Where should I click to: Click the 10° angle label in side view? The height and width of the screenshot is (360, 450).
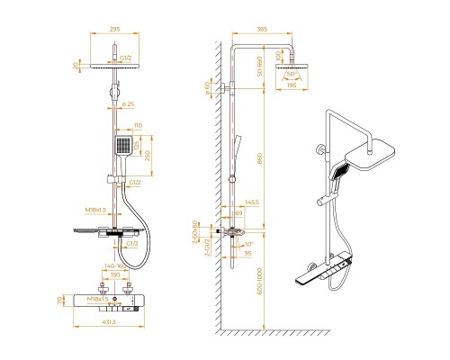tap(248, 243)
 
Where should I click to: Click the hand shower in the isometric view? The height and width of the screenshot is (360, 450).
tap(343, 173)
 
